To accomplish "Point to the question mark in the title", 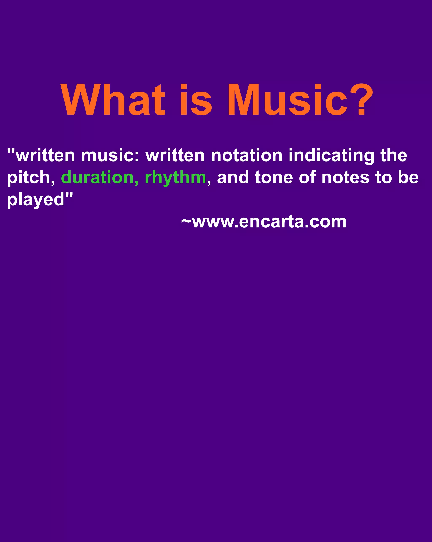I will [361, 100].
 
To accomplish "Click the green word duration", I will [99, 178].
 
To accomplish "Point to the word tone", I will [274, 178].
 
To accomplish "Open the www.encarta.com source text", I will [269, 222].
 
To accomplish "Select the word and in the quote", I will [233, 178].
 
